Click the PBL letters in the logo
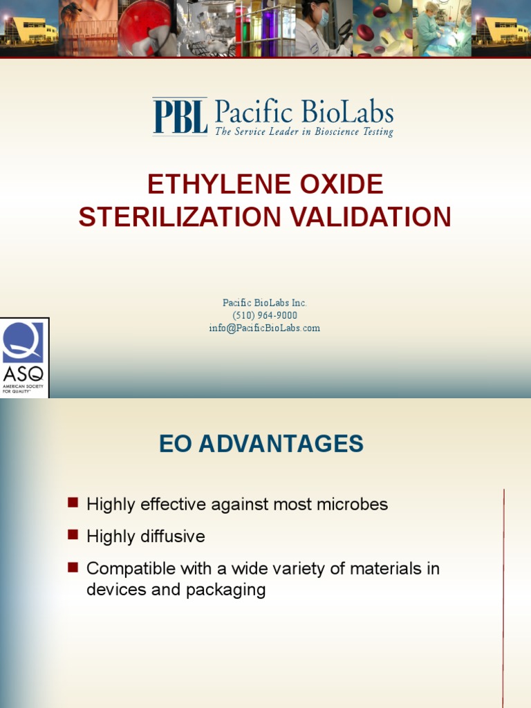click(180, 116)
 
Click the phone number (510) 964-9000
click(265, 315)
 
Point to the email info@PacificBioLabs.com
click(265, 328)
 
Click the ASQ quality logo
click(24, 357)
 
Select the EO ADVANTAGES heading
click(261, 444)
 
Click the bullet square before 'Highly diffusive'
click(73, 534)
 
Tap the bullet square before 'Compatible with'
click(73, 567)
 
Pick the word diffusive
click(173, 537)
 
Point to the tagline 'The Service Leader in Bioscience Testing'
click(304, 131)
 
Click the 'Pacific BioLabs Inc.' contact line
click(265, 303)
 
